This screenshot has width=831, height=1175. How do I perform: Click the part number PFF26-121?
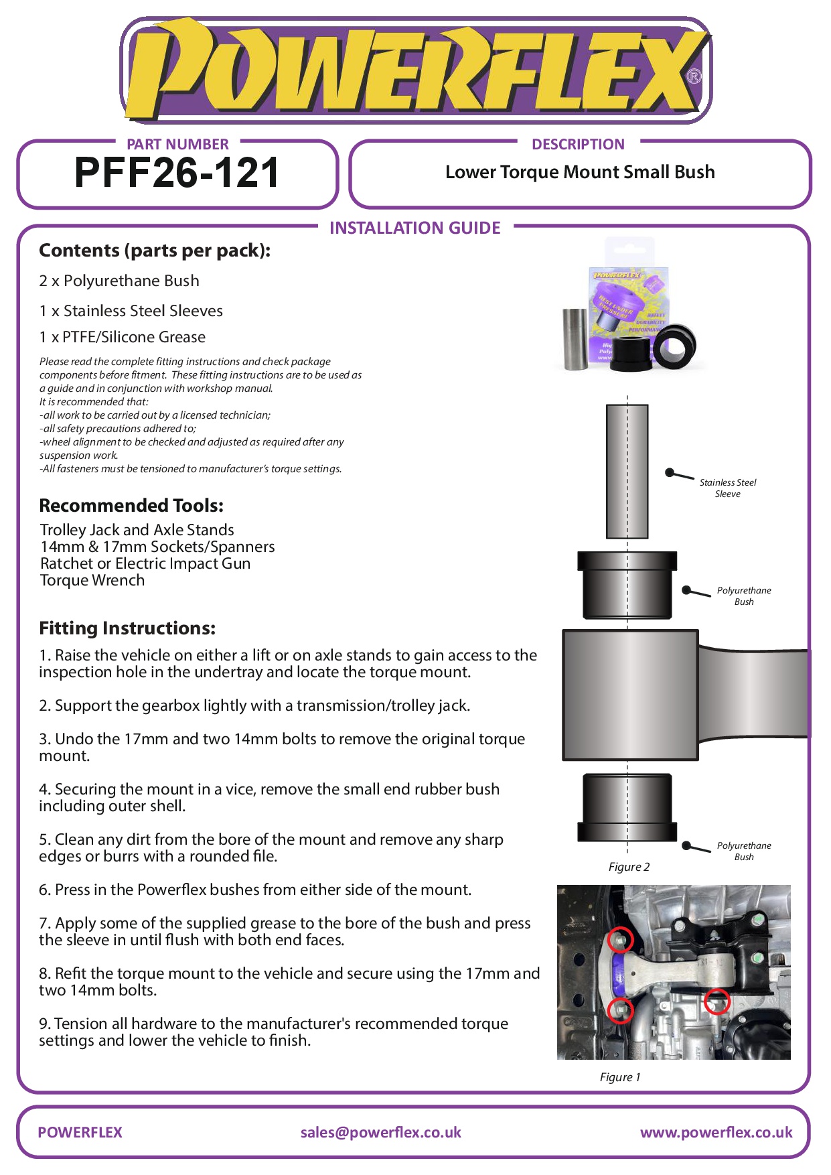click(177, 173)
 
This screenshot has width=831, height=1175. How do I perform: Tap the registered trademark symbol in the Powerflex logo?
click(694, 76)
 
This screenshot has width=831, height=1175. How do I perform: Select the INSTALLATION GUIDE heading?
click(414, 228)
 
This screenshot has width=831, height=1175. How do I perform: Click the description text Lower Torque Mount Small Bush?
click(580, 172)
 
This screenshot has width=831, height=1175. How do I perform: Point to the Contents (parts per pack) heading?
click(155, 251)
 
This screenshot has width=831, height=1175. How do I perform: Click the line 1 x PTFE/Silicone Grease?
click(123, 337)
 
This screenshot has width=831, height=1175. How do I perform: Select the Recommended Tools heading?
click(131, 505)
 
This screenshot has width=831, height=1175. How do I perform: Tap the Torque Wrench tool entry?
click(92, 580)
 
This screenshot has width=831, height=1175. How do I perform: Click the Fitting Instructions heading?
click(127, 628)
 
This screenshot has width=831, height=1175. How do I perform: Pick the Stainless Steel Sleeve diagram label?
click(727, 488)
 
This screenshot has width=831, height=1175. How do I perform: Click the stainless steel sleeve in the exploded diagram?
click(627, 471)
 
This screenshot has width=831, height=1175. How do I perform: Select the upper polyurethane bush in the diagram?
click(627, 584)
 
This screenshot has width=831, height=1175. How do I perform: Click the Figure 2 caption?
click(629, 867)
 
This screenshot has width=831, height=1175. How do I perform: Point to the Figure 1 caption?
click(620, 1077)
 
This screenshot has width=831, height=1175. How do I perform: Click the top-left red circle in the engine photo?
click(620, 940)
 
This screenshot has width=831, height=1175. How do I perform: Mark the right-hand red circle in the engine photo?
click(717, 1001)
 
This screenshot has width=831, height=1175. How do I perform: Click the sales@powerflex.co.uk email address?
click(380, 1132)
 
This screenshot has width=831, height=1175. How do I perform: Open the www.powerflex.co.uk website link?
click(716, 1132)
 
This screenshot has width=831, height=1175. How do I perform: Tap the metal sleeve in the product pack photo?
click(575, 339)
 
